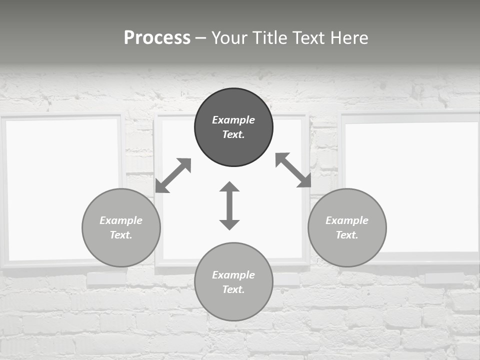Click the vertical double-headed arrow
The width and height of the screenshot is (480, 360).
tap(229, 206)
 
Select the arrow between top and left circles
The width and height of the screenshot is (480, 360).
tap(173, 175)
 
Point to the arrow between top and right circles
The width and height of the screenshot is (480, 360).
tap(293, 170)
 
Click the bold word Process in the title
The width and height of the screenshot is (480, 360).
tap(157, 38)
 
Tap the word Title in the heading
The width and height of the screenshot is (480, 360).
tap(269, 38)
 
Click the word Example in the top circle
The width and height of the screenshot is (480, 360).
tap(233, 120)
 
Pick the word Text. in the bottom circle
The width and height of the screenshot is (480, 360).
tap(233, 289)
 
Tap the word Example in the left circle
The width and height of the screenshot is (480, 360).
tap(121, 220)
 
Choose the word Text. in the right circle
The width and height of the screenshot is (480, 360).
tap(347, 235)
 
